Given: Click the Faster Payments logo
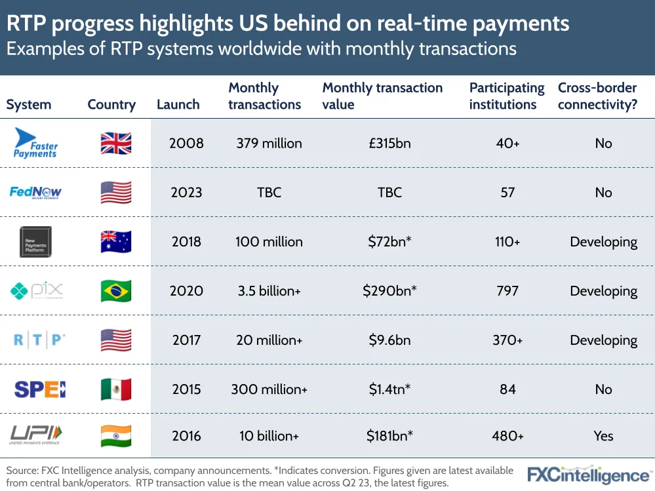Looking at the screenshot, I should point(37,143).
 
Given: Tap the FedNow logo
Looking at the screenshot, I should point(36,192).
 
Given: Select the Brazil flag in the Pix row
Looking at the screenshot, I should point(116,291).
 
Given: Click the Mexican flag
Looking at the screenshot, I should point(116,389).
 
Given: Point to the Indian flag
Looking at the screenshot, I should point(116,436).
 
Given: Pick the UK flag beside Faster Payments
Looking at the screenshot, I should point(116,143).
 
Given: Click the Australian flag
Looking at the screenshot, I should point(116,241).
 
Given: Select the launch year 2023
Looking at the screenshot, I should point(186,193).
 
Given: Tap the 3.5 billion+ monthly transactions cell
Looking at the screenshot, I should point(269,291).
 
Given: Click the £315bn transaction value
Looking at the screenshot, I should point(389,144).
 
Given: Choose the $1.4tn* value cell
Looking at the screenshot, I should point(389,389).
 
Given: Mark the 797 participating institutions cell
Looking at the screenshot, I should point(507,291).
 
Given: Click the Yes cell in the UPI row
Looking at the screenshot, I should point(603,436).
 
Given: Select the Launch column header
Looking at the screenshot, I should point(178,105).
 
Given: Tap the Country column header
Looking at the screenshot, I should point(111,105).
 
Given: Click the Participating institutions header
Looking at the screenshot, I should point(507,96).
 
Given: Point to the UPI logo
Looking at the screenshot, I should point(36,435).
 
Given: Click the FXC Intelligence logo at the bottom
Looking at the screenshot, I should point(589,475).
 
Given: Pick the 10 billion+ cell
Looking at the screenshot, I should point(269,436).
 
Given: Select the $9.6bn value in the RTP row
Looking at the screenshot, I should point(389,340).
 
